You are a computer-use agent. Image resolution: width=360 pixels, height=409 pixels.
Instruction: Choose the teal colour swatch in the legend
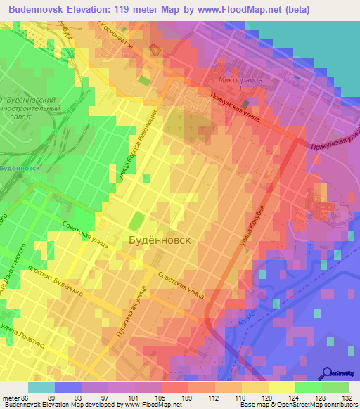41,387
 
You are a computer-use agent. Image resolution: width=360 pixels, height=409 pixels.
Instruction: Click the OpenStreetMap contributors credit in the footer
314,405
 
